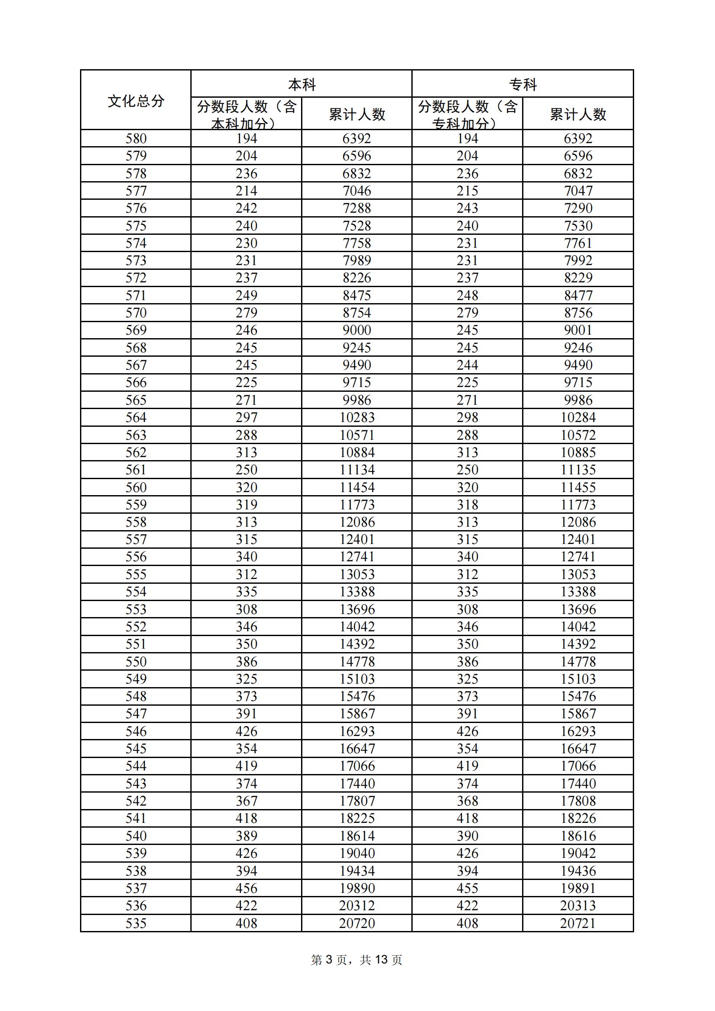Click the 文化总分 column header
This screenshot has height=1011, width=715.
[x=136, y=101]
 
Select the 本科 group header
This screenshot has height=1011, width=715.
[x=302, y=85]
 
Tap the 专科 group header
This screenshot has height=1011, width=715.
[x=523, y=85]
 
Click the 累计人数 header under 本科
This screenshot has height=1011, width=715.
[x=357, y=115]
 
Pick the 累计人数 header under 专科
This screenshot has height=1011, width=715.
[x=578, y=115]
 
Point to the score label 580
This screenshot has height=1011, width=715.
[x=136, y=139]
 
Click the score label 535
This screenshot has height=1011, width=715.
[x=136, y=923]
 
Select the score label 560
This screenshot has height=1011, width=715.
[x=136, y=487]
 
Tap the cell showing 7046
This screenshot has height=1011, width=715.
[x=357, y=191]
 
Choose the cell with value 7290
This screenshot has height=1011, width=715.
[x=578, y=208]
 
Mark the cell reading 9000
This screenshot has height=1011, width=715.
[x=357, y=330]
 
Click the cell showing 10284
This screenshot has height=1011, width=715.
[x=578, y=417]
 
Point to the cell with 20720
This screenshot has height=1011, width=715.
[x=357, y=923]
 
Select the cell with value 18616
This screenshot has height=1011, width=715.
[x=578, y=836]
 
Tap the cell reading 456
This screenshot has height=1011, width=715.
[x=246, y=888]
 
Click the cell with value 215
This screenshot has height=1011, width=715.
[x=468, y=191]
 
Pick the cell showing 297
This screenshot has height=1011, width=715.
[x=246, y=417]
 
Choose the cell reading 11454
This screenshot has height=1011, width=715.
[x=357, y=487]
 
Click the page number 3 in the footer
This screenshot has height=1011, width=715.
[x=329, y=960]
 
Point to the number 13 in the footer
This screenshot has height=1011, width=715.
[x=381, y=960]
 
